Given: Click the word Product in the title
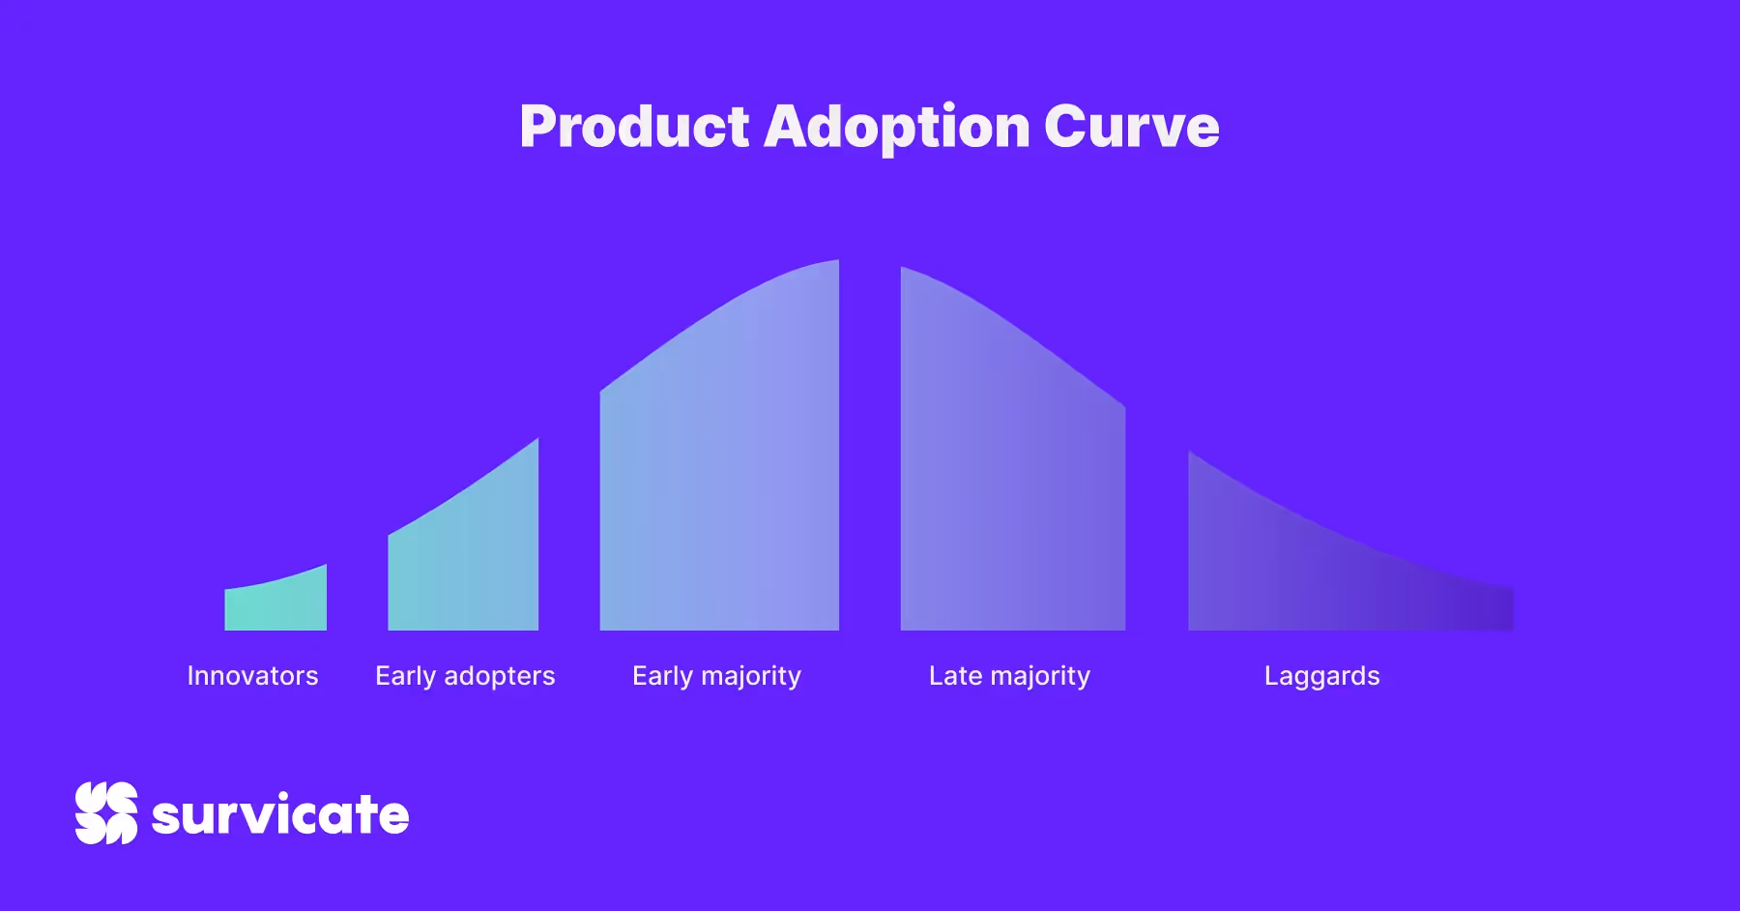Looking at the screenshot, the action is pyautogui.click(x=634, y=127).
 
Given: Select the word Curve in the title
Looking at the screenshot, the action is pyautogui.click(x=1132, y=127).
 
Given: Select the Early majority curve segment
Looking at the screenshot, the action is pyautogui.click(x=720, y=464).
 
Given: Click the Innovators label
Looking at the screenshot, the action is pyautogui.click(x=252, y=675).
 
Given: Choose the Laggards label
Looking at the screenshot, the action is pyautogui.click(x=1322, y=677).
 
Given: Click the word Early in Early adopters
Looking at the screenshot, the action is pyautogui.click(x=405, y=677).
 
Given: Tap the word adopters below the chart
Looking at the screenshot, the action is pyautogui.click(x=500, y=677).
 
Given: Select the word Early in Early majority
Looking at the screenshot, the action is pyautogui.click(x=662, y=677).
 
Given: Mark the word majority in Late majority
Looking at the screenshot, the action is pyautogui.click(x=1040, y=677).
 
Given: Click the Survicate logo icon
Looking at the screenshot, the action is pyautogui.click(x=106, y=813).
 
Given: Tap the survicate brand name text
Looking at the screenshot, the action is pyautogui.click(x=280, y=814).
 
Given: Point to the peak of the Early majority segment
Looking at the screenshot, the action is pyautogui.click(x=837, y=260).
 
